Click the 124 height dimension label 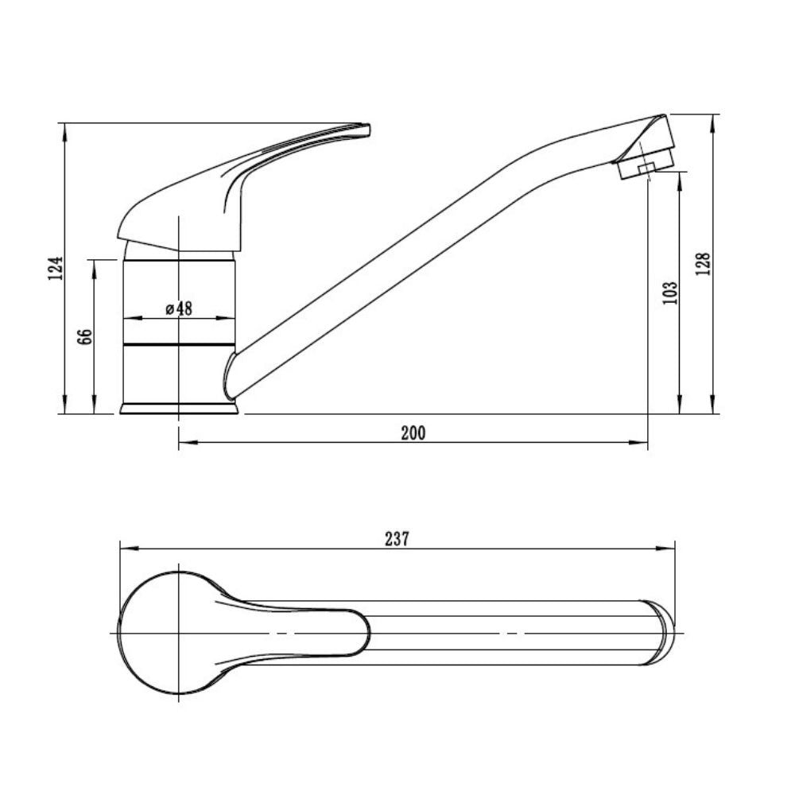click(x=56, y=268)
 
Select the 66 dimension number click(x=86, y=336)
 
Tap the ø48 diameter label click(x=179, y=308)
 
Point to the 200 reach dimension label click(x=413, y=433)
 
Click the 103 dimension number click(x=669, y=293)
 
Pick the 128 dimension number click(x=704, y=264)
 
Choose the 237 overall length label click(x=397, y=539)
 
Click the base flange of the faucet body click(x=179, y=409)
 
